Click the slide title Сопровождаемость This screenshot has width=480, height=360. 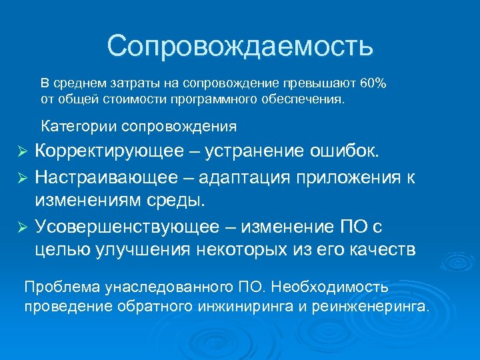tap(240, 47)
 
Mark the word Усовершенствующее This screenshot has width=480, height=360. tap(127, 227)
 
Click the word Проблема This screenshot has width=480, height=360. tap(61, 287)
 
